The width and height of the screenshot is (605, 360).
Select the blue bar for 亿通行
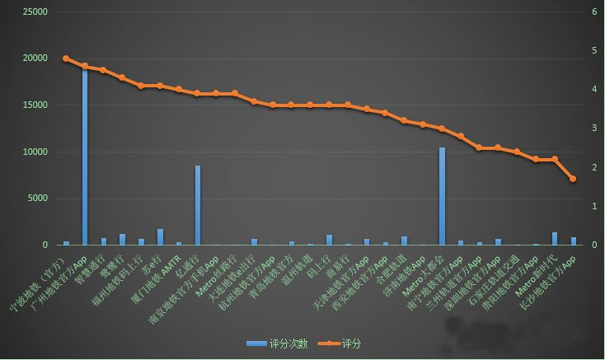[x=198, y=205]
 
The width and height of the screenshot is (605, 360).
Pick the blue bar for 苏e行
[x=160, y=237]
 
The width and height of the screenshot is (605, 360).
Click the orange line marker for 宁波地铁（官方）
[x=66, y=58]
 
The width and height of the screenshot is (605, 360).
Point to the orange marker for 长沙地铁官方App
[x=573, y=179]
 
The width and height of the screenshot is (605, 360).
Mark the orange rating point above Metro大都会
[x=442, y=129]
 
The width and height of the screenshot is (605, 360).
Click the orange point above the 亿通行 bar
[x=198, y=94]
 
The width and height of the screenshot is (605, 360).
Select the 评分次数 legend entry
[x=277, y=344]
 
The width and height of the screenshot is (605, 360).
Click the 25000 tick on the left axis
[x=35, y=12]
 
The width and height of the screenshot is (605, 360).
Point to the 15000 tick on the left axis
[x=35, y=105]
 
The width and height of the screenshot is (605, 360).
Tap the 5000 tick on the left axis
[x=38, y=199]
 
